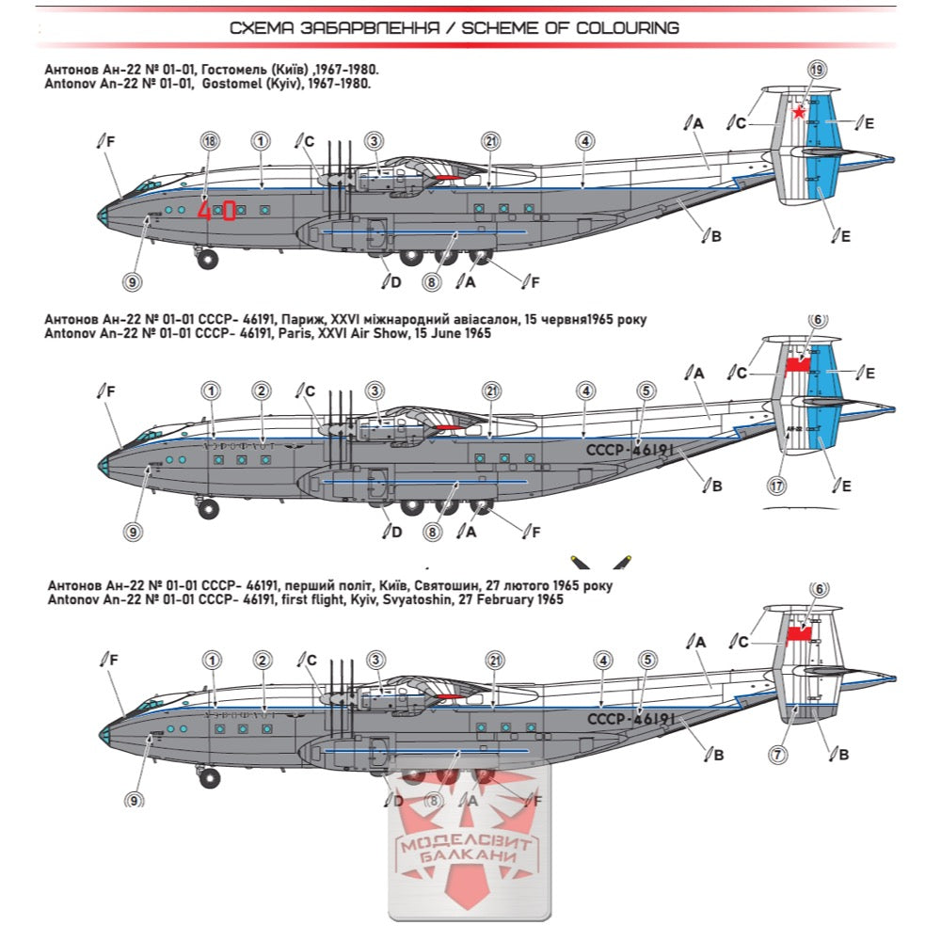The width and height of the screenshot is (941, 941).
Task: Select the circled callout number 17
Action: point(776,486)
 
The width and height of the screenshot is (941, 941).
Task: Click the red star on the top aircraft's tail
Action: point(799,113)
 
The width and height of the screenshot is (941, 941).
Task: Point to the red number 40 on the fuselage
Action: point(216,210)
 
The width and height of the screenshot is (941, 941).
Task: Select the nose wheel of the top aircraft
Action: point(208,258)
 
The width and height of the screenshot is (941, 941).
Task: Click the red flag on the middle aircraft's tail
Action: point(798,364)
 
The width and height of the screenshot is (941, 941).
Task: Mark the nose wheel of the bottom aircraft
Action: point(209,777)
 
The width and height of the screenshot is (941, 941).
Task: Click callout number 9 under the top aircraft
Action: point(132,280)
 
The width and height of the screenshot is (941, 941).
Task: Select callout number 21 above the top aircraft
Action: point(490,141)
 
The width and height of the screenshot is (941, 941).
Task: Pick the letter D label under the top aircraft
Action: point(395,280)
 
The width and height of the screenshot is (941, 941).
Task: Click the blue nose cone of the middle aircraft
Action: point(103,465)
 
